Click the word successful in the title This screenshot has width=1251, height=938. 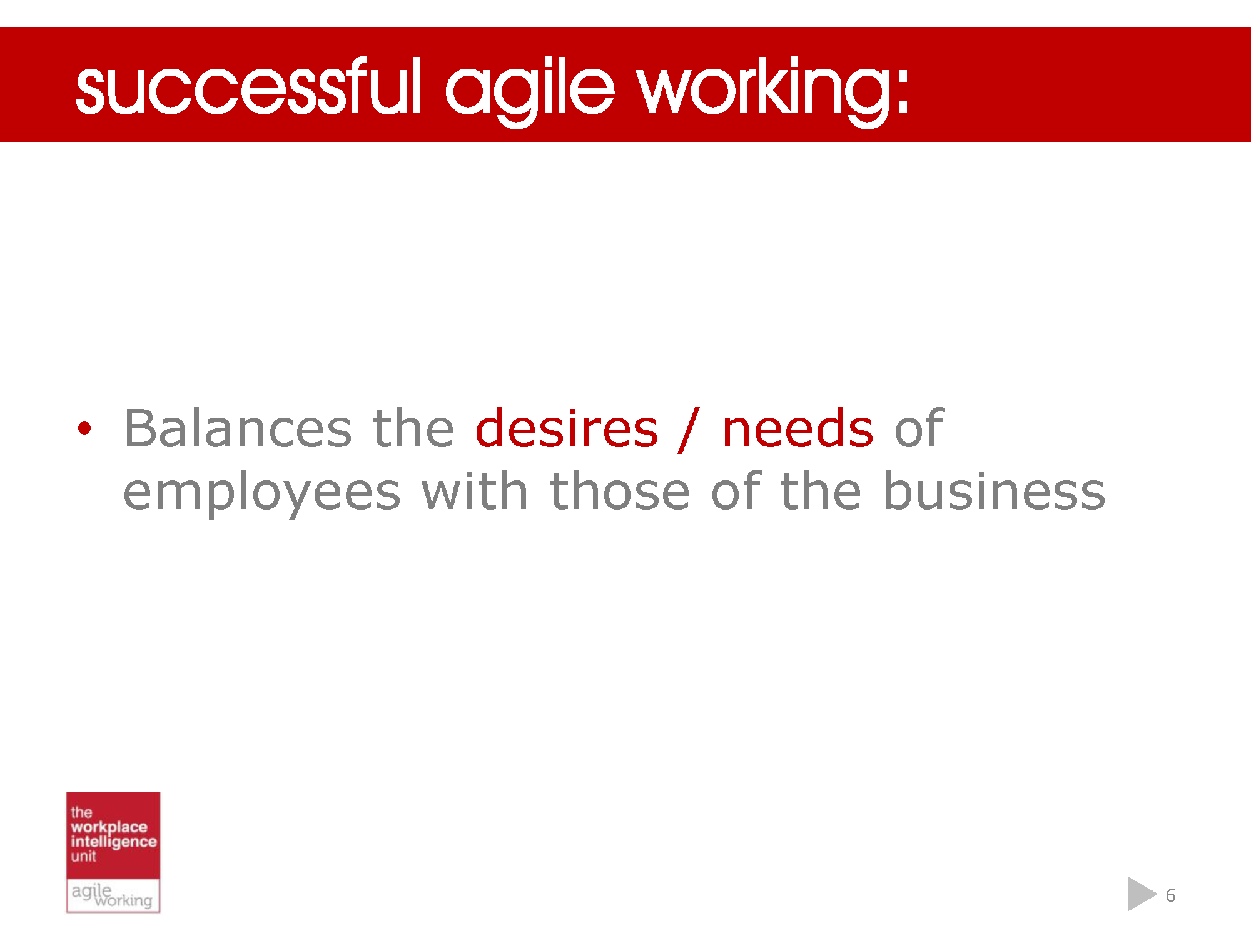[248, 88]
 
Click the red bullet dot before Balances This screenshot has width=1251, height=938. [84, 429]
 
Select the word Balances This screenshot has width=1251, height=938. [238, 429]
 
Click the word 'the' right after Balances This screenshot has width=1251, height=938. [413, 429]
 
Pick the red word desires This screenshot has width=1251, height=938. [567, 429]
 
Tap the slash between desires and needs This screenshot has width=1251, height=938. [689, 429]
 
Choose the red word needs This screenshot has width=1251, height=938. [798, 429]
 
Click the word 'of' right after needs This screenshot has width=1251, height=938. [918, 429]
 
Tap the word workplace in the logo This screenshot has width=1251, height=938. [109, 827]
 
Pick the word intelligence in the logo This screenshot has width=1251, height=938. [113, 842]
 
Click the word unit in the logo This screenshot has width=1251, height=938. [83, 857]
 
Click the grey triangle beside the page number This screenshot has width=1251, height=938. [1140, 894]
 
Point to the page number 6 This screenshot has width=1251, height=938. [1171, 895]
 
